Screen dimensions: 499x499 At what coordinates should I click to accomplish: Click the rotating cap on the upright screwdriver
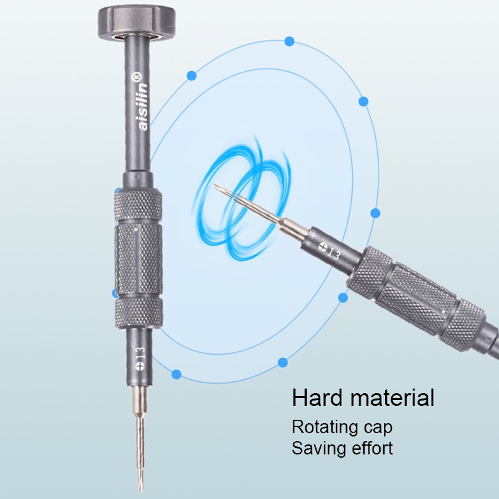coord(136,21)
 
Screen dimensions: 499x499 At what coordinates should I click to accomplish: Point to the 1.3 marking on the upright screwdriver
coord(140,353)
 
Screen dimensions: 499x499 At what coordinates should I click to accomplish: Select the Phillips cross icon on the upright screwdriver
coord(140,366)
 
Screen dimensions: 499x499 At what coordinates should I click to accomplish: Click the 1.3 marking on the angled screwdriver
coord(334,253)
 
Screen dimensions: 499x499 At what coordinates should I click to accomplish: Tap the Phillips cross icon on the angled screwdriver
coord(323,246)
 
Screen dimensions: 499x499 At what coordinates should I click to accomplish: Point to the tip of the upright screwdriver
coord(140,491)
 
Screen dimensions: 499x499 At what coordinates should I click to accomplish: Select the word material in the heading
coord(393,398)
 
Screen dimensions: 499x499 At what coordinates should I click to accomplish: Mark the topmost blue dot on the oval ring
coord(289,41)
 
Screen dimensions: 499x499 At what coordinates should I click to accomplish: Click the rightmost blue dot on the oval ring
coord(375,213)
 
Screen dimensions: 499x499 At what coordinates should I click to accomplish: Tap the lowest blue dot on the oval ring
coord(176,374)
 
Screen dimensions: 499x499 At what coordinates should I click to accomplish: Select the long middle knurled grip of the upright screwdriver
coord(139,259)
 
